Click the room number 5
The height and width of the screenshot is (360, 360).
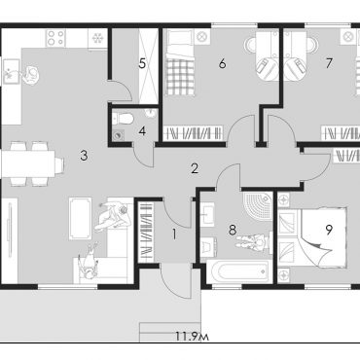click(x=142, y=64)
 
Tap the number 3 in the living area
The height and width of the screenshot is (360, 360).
click(x=84, y=156)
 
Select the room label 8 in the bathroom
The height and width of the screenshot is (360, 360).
click(x=233, y=231)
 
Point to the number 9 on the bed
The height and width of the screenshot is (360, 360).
click(x=329, y=230)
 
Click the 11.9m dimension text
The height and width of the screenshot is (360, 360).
click(x=192, y=336)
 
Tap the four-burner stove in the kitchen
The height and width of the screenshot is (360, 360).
click(x=55, y=38)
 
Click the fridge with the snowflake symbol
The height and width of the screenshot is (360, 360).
click(x=97, y=38)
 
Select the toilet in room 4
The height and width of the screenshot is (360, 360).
click(x=124, y=118)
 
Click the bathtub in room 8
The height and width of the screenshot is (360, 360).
click(x=239, y=270)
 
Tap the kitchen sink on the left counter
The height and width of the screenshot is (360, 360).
click(x=12, y=71)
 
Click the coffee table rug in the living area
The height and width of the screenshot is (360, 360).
click(x=79, y=219)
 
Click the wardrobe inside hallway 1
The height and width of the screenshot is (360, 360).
click(x=145, y=232)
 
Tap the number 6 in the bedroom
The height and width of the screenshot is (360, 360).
click(x=222, y=64)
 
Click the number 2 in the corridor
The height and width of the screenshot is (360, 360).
click(x=195, y=168)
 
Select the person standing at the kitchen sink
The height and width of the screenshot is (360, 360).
click(x=31, y=75)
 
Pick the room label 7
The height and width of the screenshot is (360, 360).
click(x=329, y=63)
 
